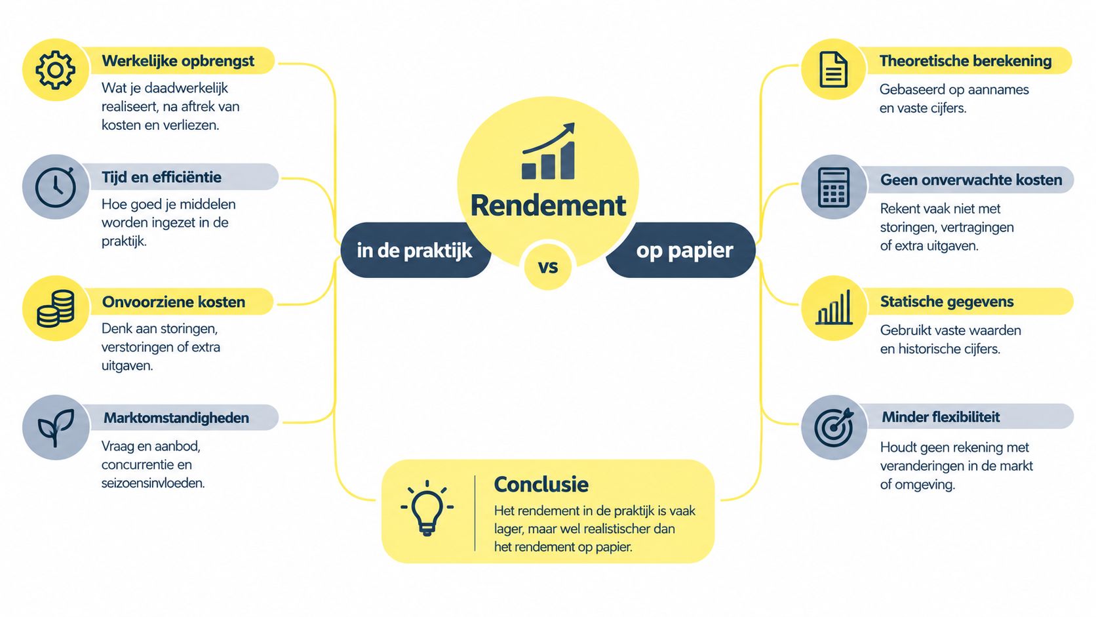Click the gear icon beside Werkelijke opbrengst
tap(55, 70)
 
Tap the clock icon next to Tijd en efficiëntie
tap(55, 187)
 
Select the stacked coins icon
tap(56, 308)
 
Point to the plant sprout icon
tap(56, 427)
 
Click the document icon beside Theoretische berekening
tap(833, 70)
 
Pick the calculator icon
tap(833, 187)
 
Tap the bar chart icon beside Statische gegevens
tap(834, 308)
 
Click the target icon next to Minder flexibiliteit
tap(834, 427)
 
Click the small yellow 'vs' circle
tap(548, 267)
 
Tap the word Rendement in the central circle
tap(548, 205)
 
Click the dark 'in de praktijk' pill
tap(415, 250)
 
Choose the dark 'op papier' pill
tap(681, 250)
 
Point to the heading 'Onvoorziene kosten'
tap(174, 302)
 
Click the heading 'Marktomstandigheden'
tap(176, 418)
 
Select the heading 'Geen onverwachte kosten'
tap(971, 180)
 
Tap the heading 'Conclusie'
tap(541, 485)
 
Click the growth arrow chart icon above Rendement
tap(548, 151)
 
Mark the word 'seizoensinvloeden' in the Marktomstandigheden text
tap(153, 483)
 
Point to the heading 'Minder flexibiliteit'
tap(941, 417)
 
